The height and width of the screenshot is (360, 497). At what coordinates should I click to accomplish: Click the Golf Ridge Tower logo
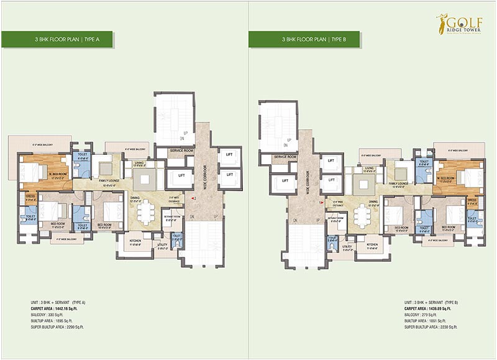point(458,25)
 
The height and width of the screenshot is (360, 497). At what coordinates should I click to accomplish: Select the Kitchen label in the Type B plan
point(373,245)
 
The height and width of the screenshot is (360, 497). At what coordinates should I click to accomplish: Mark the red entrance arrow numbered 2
point(194,198)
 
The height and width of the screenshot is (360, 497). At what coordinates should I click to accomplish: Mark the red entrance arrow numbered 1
point(321,202)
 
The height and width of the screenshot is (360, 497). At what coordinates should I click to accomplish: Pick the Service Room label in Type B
point(284,157)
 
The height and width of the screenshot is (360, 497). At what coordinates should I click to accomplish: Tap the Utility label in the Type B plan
point(347,247)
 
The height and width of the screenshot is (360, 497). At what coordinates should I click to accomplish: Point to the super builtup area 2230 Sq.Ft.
point(431,326)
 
